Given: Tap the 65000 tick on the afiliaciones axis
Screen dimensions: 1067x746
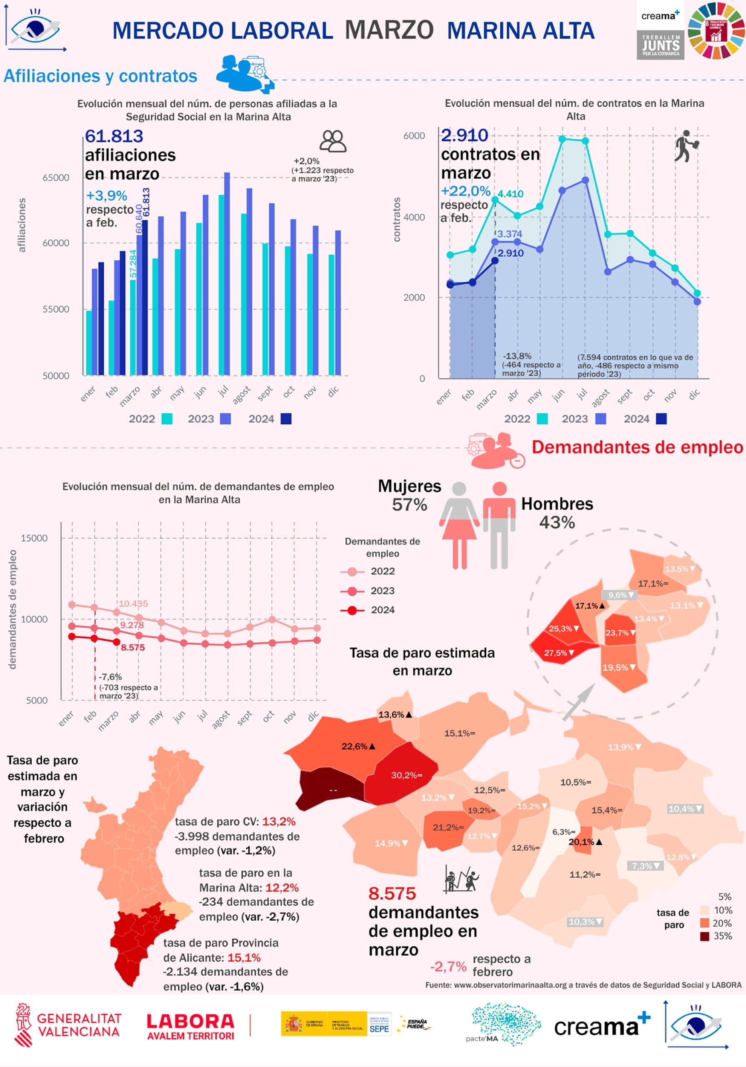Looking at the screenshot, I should tap(56, 178).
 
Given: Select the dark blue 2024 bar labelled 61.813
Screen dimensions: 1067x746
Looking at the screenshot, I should tap(145, 298).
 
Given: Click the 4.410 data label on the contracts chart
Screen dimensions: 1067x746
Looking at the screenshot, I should tap(511, 194).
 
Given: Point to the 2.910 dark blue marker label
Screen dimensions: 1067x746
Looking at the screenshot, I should tap(511, 253).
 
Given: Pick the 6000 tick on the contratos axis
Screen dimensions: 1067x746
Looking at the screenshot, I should tap(414, 136).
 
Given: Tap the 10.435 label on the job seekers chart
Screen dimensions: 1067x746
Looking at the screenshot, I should tap(133, 604).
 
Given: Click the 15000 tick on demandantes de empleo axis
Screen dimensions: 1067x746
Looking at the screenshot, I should tap(34, 538).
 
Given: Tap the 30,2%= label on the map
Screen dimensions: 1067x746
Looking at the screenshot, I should tap(406, 775).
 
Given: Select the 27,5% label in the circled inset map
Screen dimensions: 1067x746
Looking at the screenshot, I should tap(559, 653).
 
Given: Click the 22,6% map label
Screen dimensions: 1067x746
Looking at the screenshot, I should tap(358, 746).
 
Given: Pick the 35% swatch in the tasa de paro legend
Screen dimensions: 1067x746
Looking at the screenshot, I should tap(705, 937).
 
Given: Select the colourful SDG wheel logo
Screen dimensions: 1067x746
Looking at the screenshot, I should tap(716, 30).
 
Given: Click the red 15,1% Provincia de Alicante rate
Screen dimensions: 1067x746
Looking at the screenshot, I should tap(244, 957).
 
